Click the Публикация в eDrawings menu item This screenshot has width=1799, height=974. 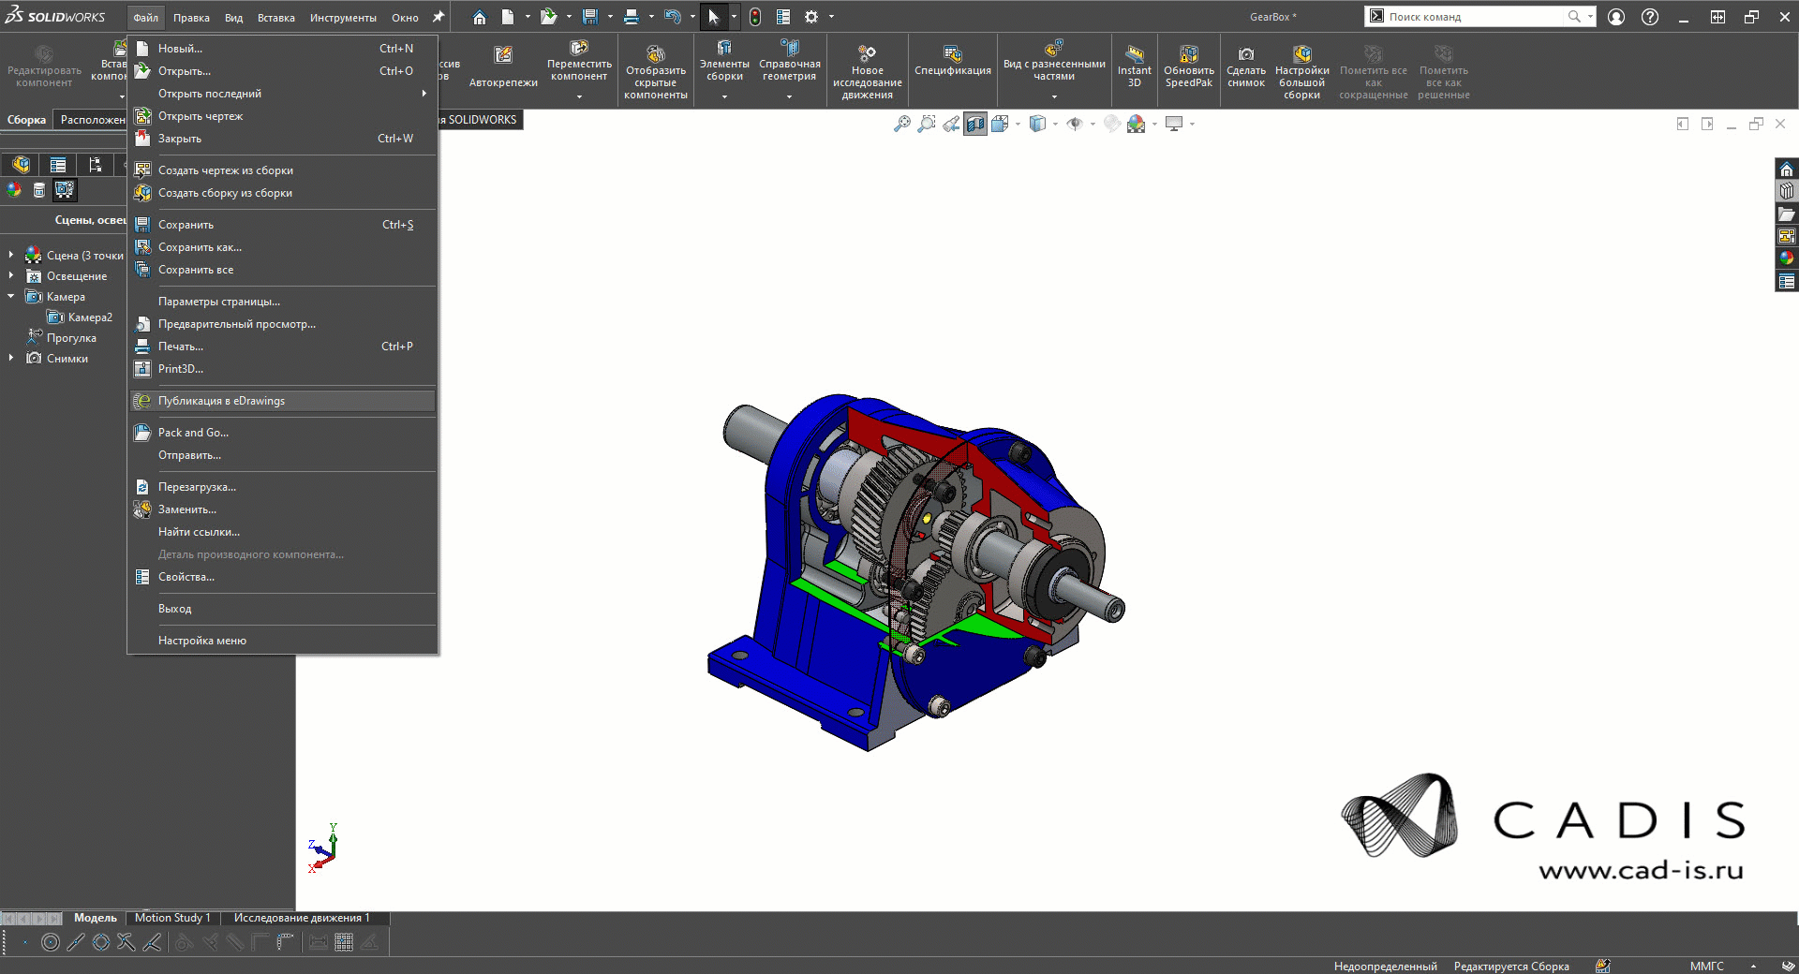(221, 401)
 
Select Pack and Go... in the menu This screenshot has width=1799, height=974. (193, 433)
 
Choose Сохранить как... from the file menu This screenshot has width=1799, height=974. (200, 247)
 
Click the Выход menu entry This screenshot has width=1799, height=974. (174, 609)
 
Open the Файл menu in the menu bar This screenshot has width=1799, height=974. (145, 18)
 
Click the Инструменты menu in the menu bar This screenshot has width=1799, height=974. (343, 18)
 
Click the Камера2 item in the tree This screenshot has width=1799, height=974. (90, 317)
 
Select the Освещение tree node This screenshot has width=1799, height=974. (77, 276)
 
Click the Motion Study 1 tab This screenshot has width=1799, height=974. (172, 918)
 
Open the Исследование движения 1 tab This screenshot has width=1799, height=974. (302, 918)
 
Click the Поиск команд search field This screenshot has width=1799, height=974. (1471, 17)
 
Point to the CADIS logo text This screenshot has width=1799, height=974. (1618, 820)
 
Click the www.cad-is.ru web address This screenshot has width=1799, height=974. (1641, 870)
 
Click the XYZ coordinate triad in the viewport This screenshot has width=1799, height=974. (322, 849)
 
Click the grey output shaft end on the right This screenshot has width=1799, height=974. (1112, 608)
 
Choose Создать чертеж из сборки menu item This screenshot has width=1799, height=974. (225, 170)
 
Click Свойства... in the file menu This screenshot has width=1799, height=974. (186, 577)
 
